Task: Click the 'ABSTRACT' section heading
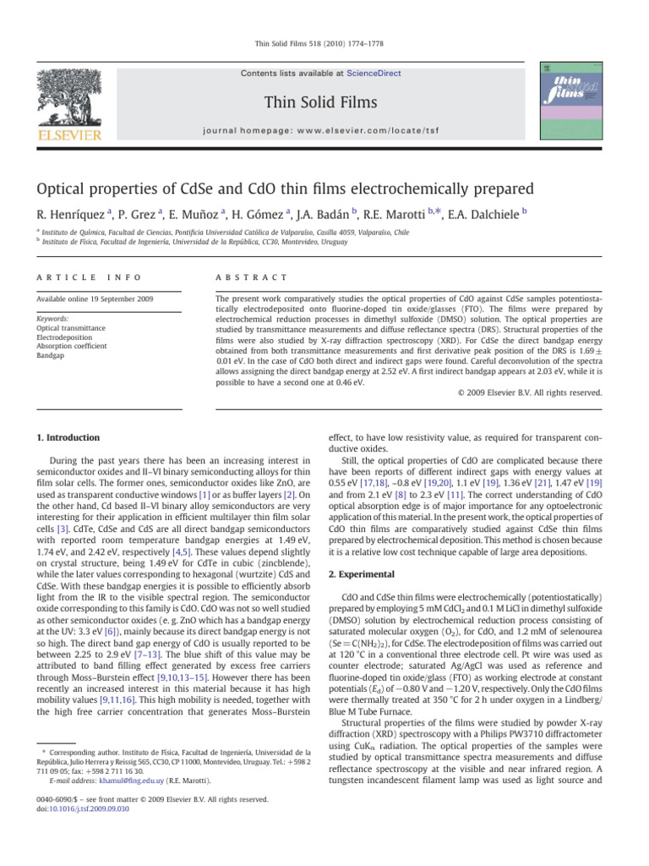point(251,277)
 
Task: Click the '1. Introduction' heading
point(67,437)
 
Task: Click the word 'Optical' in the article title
point(73,187)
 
